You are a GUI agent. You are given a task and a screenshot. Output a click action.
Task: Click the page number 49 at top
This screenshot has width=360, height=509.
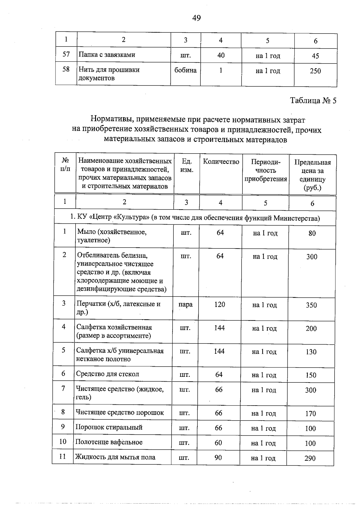point(196,18)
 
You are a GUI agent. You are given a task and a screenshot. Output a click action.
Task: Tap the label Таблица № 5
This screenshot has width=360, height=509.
point(313,100)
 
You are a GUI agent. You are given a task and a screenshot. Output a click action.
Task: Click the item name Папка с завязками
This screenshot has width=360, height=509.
point(107,55)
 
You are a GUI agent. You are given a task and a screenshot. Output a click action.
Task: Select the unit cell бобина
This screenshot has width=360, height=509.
point(185,70)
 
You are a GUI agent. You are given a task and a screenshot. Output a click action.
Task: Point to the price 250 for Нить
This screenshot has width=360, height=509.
point(315,71)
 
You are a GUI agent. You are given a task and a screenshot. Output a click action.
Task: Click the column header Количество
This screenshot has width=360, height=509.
point(221,162)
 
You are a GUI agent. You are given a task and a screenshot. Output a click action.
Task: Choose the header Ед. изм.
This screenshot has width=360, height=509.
point(187,166)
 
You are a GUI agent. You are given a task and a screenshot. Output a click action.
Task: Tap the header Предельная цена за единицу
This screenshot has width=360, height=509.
point(312,175)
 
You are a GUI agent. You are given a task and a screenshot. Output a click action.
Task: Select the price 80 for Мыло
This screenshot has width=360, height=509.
point(312,233)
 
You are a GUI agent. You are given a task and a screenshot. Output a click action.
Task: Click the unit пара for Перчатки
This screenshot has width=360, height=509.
point(185,305)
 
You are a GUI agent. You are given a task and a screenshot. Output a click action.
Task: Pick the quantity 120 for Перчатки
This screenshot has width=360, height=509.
point(220,305)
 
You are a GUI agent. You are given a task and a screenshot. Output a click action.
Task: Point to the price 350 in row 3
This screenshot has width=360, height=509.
point(311,305)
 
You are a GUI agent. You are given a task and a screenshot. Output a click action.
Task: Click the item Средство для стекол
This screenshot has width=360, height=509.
point(107,374)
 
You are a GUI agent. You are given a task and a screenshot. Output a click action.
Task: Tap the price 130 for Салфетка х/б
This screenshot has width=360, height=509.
point(311,352)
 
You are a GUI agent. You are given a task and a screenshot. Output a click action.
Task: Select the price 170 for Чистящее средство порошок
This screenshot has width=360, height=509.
point(310,414)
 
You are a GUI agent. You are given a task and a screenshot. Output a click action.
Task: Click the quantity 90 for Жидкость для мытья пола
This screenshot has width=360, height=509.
point(218,458)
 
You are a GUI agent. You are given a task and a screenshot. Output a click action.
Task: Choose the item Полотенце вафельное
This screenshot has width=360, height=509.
point(109,442)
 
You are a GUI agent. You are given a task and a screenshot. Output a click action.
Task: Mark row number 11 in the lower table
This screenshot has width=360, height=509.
point(62,457)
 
